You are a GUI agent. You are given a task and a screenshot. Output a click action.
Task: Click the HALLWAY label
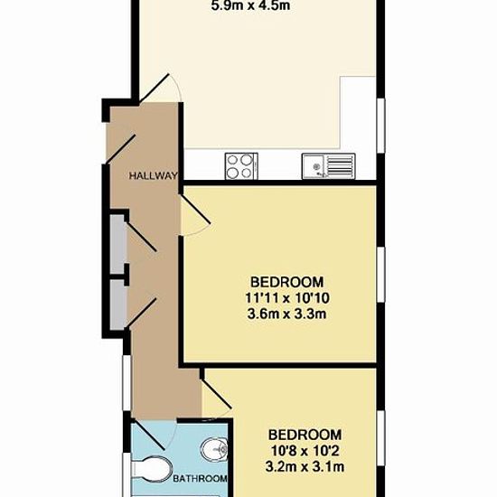153,175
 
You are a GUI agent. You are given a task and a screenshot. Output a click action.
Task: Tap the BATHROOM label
200,478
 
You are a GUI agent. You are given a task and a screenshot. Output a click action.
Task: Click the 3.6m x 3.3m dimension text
286,314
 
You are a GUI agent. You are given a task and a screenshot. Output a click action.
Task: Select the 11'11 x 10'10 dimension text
287,298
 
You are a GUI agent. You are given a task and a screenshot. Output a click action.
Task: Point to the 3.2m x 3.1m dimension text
305,467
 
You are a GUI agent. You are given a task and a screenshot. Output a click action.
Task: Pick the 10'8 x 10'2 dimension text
305,451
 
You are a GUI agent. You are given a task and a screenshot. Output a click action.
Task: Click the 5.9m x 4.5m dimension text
250,6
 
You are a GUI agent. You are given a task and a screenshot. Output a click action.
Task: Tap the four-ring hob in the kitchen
241,165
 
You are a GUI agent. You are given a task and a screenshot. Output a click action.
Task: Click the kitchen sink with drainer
328,165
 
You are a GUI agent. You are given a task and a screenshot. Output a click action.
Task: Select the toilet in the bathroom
152,470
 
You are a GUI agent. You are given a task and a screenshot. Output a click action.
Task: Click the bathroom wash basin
214,449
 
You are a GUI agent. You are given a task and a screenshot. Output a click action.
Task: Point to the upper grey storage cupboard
117,243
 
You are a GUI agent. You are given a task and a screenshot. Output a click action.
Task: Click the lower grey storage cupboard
117,305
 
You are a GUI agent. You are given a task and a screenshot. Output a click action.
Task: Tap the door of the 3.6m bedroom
195,209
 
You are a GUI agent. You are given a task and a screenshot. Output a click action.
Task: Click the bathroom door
148,435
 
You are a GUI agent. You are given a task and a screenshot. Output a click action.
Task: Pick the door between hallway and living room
155,88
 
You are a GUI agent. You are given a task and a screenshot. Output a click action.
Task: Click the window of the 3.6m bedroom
381,274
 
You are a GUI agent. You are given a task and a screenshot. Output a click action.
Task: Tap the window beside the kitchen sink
381,126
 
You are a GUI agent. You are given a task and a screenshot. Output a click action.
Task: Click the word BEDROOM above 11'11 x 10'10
287,282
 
